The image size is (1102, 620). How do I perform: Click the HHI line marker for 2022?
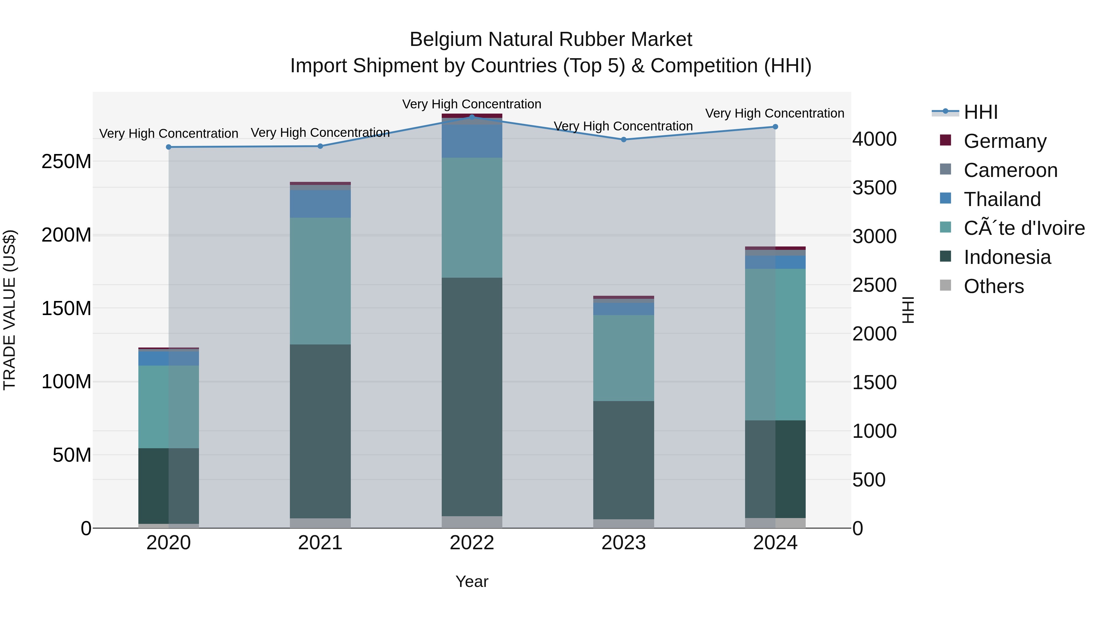coord(472,117)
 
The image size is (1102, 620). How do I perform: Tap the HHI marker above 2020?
coord(169,147)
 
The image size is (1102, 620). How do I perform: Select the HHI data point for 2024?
coord(775,127)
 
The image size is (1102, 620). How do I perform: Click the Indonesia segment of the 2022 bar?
coord(472,396)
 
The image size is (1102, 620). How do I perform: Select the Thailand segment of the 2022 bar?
coord(472,141)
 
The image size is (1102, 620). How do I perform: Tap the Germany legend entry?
coord(1004,141)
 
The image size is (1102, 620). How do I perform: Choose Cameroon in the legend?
coord(1010,170)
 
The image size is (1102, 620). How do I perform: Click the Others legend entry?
coord(993,286)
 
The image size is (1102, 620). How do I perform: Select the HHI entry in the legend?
coord(980,112)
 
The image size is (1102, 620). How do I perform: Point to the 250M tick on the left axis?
coord(66,162)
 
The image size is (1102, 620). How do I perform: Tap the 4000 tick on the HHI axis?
coord(874,139)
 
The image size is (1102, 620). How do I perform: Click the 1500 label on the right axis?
coord(874,382)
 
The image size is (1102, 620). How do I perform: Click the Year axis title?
coord(472,581)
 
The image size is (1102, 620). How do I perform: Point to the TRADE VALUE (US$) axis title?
coord(9,310)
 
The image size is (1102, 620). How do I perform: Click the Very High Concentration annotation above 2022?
coord(472,104)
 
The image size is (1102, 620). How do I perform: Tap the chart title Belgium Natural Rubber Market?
coord(551,39)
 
